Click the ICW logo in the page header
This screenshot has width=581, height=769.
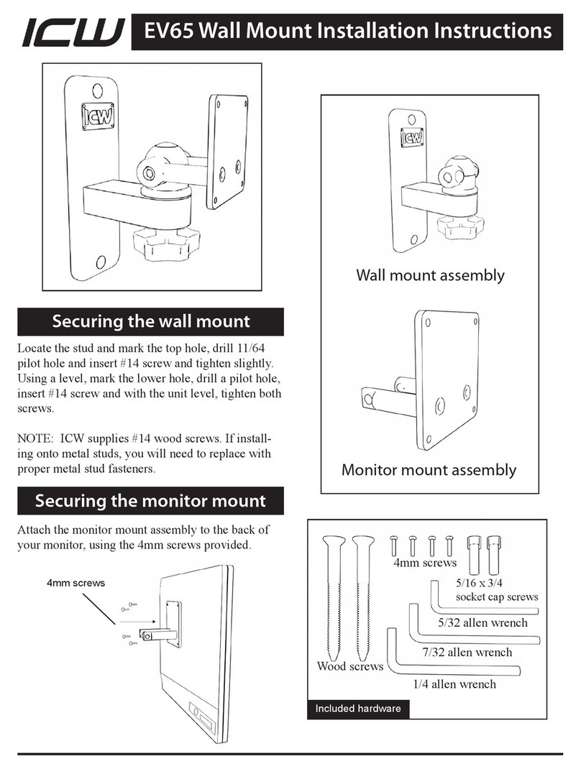click(71, 32)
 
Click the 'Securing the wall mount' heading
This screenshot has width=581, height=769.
click(150, 322)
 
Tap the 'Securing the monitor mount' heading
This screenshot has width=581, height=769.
click(150, 500)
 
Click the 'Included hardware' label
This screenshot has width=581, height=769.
click(357, 709)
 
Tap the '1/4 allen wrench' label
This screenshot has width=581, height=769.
click(454, 683)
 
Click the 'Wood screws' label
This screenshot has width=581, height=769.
click(350, 666)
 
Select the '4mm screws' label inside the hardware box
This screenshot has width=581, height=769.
click(424, 563)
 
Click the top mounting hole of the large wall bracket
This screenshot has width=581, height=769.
click(96, 91)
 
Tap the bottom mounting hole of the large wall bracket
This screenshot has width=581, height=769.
click(102, 262)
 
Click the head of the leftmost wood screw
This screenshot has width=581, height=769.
click(336, 542)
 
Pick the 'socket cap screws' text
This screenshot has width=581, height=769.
click(497, 597)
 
